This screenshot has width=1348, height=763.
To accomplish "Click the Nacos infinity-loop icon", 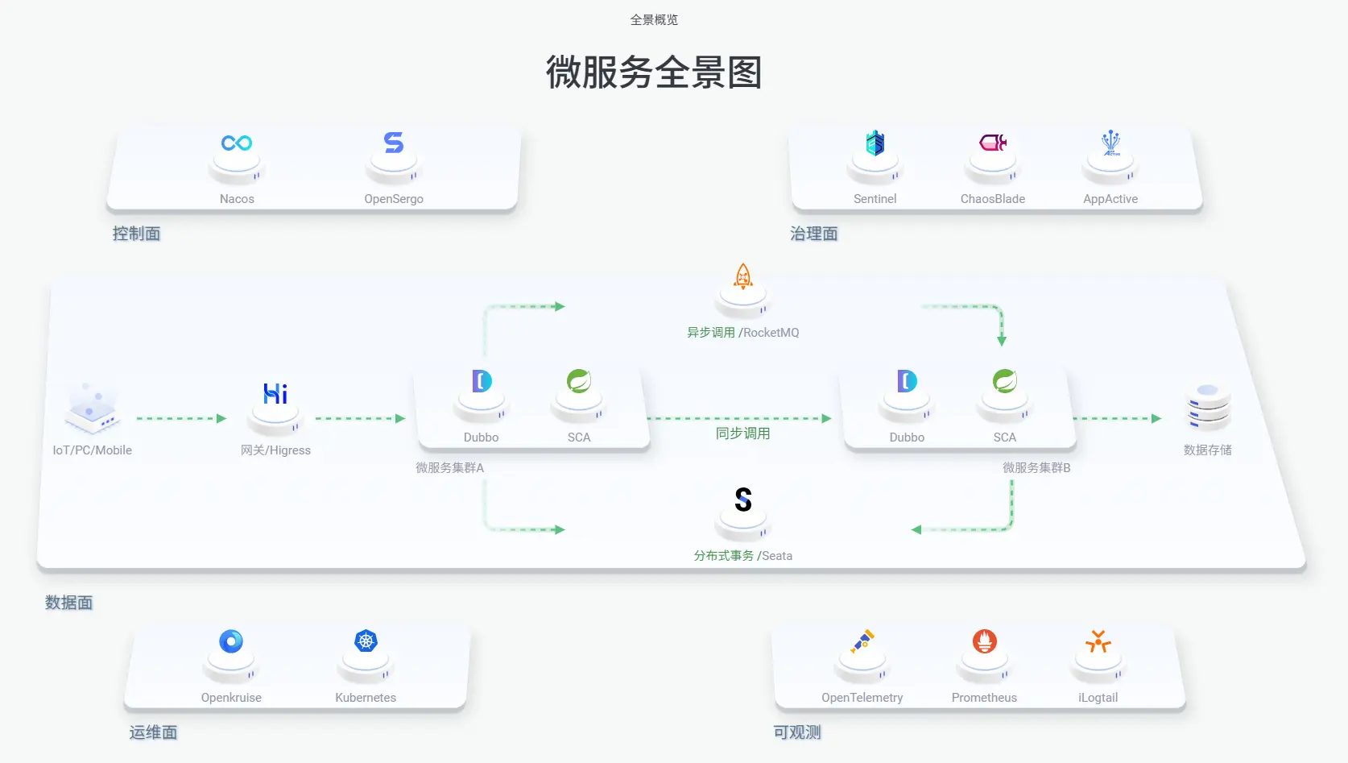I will coord(237,143).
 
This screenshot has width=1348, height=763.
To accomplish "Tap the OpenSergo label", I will coord(394,199).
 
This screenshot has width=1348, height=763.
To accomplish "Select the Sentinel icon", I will coord(875,143).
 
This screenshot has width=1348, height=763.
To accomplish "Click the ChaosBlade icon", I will coord(993,143).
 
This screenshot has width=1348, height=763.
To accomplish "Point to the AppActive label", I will coord(1110,199).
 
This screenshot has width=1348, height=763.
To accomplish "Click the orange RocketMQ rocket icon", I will coord(743,276).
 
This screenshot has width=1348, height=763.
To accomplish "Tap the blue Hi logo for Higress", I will coord(275,393).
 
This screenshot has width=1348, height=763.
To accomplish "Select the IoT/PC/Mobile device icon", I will coord(93,408).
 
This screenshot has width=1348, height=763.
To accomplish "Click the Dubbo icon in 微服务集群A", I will coord(482,380).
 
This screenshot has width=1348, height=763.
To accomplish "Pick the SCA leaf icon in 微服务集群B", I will coord(1005,380).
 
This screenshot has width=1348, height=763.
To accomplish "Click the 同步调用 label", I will coord(742,433).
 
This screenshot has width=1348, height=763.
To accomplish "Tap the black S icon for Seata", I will coord(743,500).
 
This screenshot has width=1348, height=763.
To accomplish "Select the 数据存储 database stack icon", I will coord(1208,407).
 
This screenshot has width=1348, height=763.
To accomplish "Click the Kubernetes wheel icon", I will coord(366,641).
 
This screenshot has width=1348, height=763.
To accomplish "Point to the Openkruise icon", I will coord(231,641).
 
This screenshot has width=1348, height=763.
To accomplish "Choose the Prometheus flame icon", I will coord(985,641).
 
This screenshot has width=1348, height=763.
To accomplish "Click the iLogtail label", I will coord(1098,698).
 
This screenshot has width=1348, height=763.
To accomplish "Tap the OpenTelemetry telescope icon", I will coord(862,641).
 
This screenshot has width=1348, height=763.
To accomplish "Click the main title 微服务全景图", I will coord(654,73).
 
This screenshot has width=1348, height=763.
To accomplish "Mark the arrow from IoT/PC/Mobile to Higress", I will coord(181,419).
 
